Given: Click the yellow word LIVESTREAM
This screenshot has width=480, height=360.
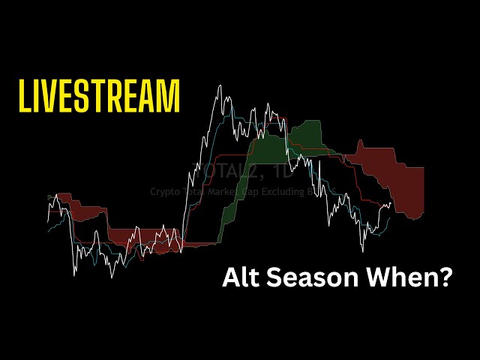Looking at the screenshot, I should click(x=99, y=96).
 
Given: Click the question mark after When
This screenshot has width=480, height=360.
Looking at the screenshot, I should click(x=445, y=278).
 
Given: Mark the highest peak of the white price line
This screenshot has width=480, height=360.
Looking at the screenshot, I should click(x=220, y=85).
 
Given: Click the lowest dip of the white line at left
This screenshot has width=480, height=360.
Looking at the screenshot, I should click(x=73, y=274).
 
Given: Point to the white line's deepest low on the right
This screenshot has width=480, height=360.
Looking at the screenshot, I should click(x=363, y=250).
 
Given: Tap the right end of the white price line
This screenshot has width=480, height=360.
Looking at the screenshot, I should click(x=391, y=202).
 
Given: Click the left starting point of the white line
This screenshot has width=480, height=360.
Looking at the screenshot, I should click(x=47, y=222).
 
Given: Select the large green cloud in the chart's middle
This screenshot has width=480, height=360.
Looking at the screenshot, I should click(x=304, y=135).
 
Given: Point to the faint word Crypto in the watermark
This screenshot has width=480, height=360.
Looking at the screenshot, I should click(x=163, y=192).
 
